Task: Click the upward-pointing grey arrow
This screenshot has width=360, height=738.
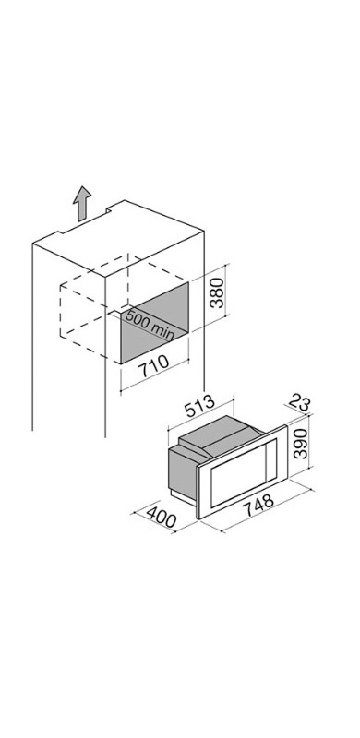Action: pos(82,203)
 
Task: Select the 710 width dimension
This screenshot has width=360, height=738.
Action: pos(155,365)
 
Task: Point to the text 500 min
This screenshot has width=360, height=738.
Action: pos(150,325)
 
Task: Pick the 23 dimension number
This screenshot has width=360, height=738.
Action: pos(300,403)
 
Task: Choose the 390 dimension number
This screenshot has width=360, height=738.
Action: pos(300,444)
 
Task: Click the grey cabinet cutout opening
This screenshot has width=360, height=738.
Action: pos(155,323)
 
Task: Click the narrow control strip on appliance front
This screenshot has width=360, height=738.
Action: pos(272,457)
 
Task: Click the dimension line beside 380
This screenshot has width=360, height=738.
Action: pos(227,290)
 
